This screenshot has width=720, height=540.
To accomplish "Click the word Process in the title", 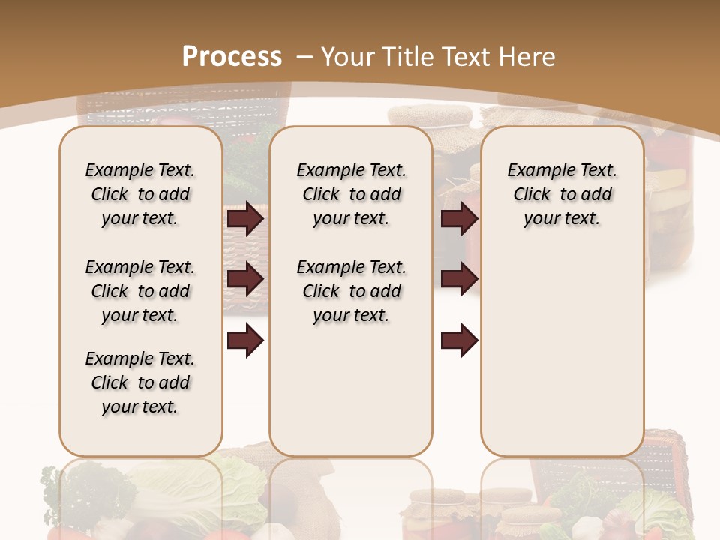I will tap(232, 56).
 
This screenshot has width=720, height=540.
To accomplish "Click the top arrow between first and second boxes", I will tap(245, 219).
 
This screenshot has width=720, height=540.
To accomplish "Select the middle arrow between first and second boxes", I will tap(245, 280).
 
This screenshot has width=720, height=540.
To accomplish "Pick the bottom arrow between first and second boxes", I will tap(245, 341).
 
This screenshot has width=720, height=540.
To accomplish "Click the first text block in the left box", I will tap(140, 194).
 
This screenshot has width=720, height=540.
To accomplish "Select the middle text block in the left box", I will tap(140, 291).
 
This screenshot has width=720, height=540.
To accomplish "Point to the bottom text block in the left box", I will tap(140, 382).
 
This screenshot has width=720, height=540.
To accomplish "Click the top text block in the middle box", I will tap(351, 194).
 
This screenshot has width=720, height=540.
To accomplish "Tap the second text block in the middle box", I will tap(351, 291).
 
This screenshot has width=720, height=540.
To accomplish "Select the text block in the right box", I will tap(562, 194).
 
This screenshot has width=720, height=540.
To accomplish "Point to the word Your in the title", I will tap(348, 56).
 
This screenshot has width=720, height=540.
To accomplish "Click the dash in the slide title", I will tap(304, 56).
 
